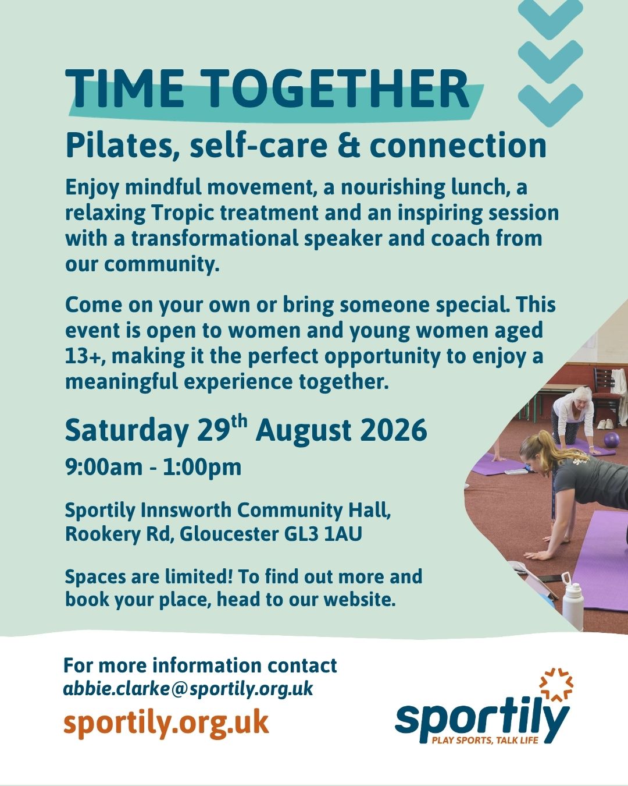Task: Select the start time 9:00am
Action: [104, 467]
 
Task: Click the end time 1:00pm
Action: [202, 468]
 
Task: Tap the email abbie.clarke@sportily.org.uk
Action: [188, 689]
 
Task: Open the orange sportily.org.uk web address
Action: [166, 723]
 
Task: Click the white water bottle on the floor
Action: [573, 597]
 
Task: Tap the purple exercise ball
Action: [612, 440]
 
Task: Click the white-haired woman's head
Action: [582, 396]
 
